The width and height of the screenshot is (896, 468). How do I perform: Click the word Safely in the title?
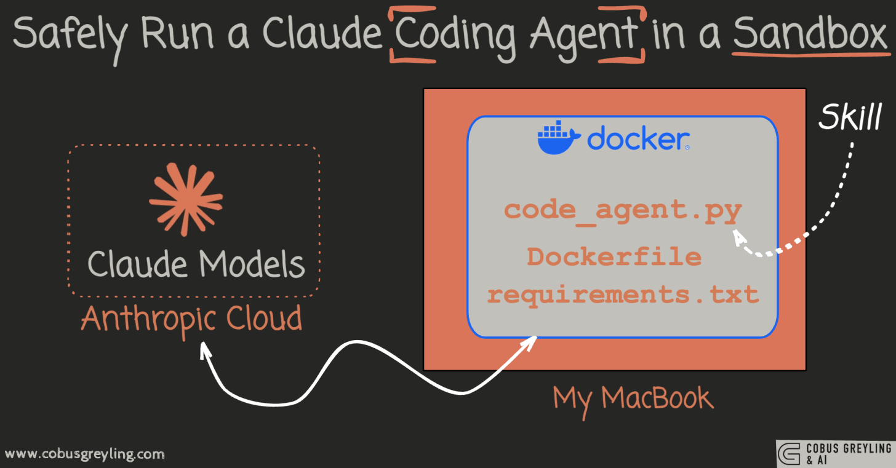pyautogui.click(x=68, y=34)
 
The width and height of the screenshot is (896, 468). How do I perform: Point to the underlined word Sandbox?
pyautogui.click(x=809, y=34)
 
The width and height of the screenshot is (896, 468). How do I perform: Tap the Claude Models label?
pyautogui.click(x=196, y=264)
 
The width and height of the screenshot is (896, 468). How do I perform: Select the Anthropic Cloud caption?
pyautogui.click(x=191, y=319)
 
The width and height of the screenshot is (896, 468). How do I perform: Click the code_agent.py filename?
pyautogui.click(x=622, y=211)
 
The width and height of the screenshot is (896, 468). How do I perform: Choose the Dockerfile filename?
pyautogui.click(x=614, y=256)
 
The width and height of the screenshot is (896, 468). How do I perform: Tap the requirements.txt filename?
pyautogui.click(x=622, y=294)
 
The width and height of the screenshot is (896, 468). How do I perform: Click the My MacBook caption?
pyautogui.click(x=633, y=398)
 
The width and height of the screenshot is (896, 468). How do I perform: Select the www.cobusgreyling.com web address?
pyautogui.click(x=85, y=454)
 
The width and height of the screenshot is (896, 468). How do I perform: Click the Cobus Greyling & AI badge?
pyautogui.click(x=834, y=453)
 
